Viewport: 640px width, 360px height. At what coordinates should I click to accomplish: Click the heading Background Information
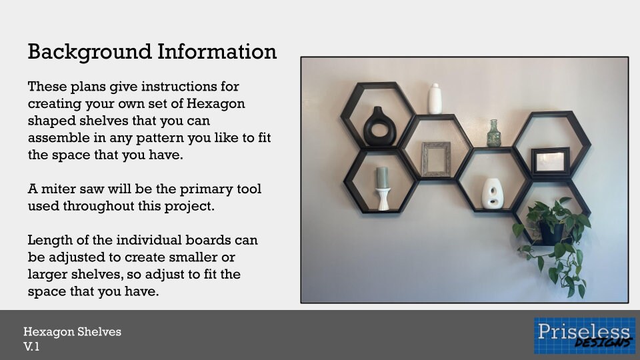click(152, 51)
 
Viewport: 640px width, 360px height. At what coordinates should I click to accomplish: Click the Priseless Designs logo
click(583, 335)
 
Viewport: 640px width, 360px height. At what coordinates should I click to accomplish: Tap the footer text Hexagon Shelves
click(72, 331)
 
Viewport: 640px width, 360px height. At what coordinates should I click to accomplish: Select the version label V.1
click(31, 346)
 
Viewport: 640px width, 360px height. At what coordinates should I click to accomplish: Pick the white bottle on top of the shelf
click(435, 99)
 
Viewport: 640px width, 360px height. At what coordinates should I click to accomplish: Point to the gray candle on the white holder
click(382, 178)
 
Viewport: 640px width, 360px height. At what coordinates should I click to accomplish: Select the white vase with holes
click(492, 193)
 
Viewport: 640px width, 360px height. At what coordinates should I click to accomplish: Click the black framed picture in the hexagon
click(551, 161)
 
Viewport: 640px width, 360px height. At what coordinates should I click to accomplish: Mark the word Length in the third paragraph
click(48, 240)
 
